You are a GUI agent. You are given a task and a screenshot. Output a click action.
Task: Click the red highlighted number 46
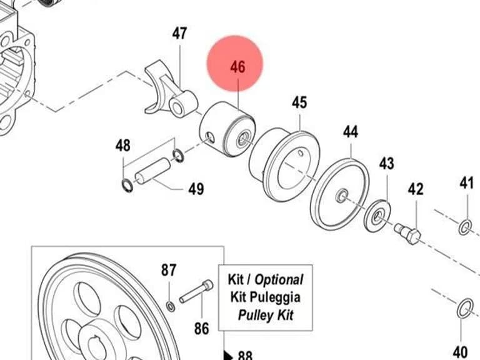pyautogui.click(x=238, y=67)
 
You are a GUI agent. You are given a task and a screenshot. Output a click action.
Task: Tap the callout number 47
pyautogui.click(x=179, y=33)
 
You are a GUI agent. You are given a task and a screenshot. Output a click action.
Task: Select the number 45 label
pyautogui.click(x=299, y=102)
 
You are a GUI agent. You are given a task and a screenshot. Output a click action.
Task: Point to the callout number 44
pyautogui.click(x=350, y=132)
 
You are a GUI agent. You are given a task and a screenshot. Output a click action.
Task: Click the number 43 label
pyautogui.click(x=387, y=164)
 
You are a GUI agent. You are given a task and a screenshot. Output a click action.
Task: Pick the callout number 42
pyautogui.click(x=416, y=189)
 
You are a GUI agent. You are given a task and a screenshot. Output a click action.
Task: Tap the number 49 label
pyautogui.click(x=196, y=189)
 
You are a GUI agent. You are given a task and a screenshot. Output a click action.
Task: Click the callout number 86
pyautogui.click(x=202, y=329)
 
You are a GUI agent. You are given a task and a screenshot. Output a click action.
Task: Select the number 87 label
pyautogui.click(x=169, y=270)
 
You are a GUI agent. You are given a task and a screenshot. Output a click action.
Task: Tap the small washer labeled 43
pyautogui.click(x=377, y=216)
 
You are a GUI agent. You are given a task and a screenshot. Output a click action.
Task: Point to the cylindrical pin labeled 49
pyautogui.click(x=152, y=171)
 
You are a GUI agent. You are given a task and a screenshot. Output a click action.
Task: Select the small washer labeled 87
pyautogui.click(x=171, y=306)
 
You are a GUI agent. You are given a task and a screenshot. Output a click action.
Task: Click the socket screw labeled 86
pyautogui.click(x=196, y=291)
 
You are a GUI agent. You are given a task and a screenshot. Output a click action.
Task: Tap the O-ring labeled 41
pyautogui.click(x=465, y=227)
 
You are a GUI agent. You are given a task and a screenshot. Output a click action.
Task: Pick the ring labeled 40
pyautogui.click(x=465, y=309)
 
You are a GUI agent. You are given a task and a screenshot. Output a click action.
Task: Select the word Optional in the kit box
pyautogui.click(x=279, y=279)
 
